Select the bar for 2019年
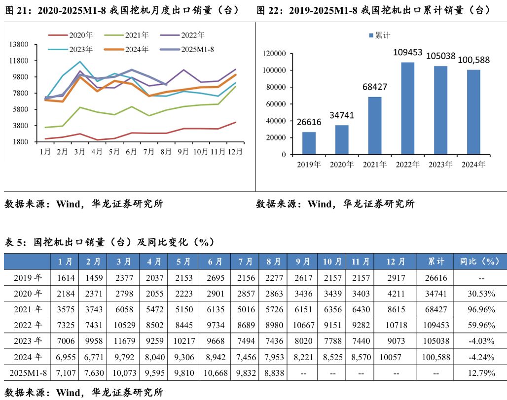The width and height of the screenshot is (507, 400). [x=309, y=143]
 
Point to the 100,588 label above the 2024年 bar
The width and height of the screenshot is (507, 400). [x=474, y=60]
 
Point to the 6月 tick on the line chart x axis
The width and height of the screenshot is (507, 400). [x=131, y=152]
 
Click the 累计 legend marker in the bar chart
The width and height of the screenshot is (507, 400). [x=371, y=35]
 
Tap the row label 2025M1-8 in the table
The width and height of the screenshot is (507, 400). [x=28, y=373]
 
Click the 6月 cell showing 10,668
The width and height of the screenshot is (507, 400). [x=215, y=373]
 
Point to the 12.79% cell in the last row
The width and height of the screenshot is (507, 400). [x=481, y=373]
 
